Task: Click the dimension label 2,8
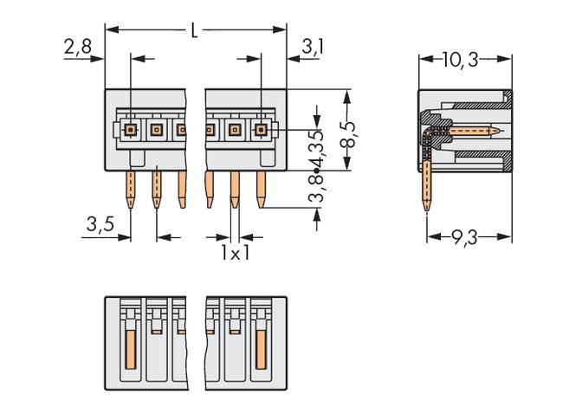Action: point(78,49)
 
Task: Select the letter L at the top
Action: point(194,31)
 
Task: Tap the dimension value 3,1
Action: point(313,48)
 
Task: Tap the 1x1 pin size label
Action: point(235,253)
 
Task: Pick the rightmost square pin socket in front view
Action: point(260,131)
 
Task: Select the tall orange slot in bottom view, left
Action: point(130,345)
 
